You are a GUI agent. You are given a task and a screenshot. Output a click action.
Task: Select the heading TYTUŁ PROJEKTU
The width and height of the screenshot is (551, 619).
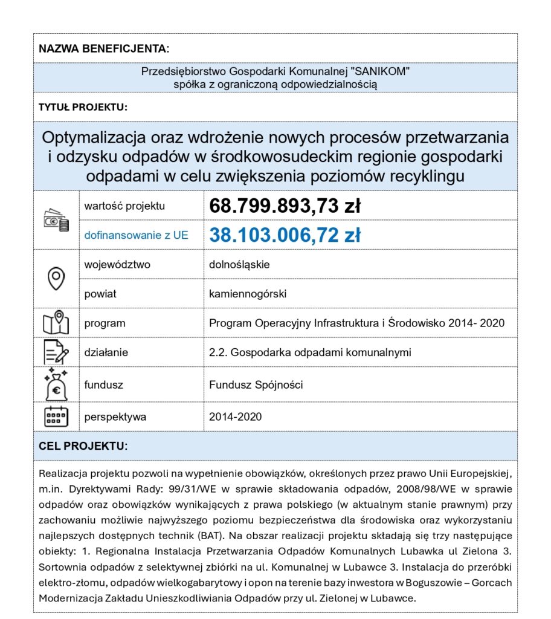click(x=83, y=107)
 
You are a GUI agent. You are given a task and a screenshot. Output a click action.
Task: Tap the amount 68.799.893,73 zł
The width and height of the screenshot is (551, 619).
click(x=285, y=206)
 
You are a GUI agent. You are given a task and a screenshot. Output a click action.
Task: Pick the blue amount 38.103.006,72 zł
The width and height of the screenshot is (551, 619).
click(x=285, y=235)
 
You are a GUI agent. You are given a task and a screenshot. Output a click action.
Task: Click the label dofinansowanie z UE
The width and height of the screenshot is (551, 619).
click(x=136, y=235)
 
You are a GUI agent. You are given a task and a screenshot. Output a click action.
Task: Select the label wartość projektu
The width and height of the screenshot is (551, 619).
click(x=124, y=206)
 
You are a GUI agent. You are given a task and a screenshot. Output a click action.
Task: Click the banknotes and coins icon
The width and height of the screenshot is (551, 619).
click(x=56, y=220)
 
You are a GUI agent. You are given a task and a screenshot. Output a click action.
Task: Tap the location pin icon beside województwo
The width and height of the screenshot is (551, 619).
click(x=56, y=279)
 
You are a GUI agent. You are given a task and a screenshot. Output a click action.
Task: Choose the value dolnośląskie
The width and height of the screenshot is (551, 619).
click(x=239, y=265)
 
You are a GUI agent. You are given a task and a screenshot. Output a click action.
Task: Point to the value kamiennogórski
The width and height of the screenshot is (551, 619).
click(x=248, y=294)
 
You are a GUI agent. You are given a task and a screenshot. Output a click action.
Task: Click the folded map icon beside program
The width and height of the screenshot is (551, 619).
click(x=56, y=323)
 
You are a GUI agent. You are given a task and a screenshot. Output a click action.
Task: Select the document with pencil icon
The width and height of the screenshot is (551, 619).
click(x=56, y=352)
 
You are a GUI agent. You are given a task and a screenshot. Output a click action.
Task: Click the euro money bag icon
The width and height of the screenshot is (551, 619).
click(x=56, y=384)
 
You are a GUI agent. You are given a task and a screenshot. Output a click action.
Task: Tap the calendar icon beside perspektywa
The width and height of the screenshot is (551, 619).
click(x=56, y=416)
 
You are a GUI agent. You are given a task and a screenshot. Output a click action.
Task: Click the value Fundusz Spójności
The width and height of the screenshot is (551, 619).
click(x=256, y=384)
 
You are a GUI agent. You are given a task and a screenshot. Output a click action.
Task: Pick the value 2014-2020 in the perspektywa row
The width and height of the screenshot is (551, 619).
click(x=236, y=416)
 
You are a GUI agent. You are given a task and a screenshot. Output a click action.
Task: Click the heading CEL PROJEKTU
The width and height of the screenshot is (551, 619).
click(x=83, y=446)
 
